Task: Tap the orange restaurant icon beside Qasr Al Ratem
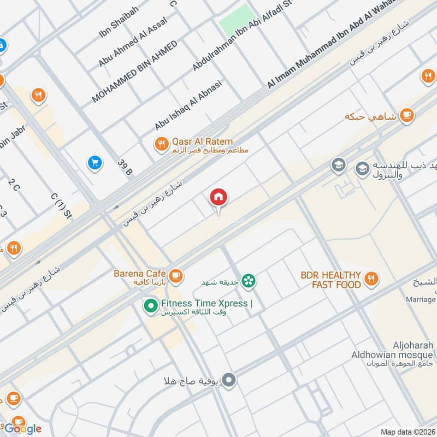click(161, 144)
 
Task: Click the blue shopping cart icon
click(95, 162)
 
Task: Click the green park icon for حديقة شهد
click(249, 281)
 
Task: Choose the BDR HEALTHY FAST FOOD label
click(330, 280)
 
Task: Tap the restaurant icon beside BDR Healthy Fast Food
click(371, 279)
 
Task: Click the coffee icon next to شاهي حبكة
click(406, 115)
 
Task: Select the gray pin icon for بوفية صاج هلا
click(229, 380)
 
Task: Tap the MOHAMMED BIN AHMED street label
click(134, 72)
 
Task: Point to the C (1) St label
click(61, 204)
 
